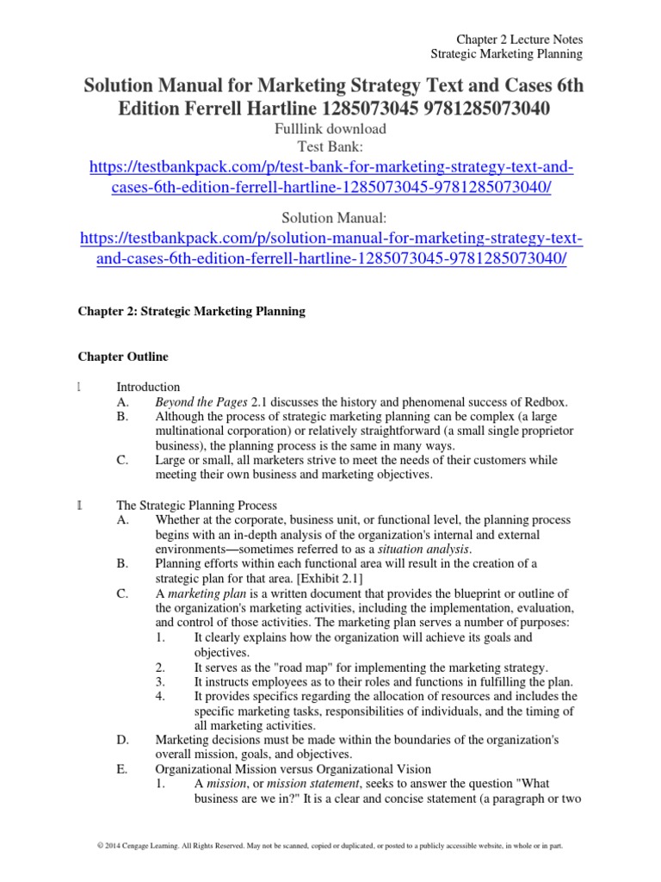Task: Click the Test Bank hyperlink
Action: coord(330,178)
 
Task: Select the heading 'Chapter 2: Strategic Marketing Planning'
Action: coord(192,312)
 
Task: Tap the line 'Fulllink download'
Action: coord(330,129)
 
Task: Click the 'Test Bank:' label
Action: coord(330,146)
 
